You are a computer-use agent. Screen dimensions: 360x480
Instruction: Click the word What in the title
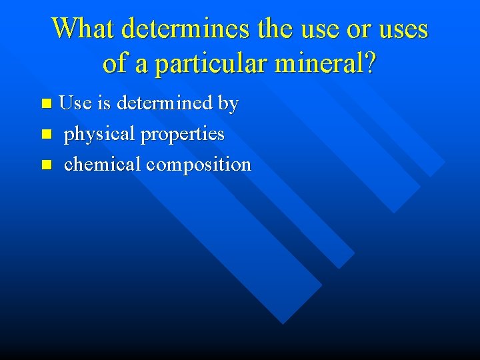point(85,29)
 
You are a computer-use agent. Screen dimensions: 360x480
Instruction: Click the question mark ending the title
point(371,63)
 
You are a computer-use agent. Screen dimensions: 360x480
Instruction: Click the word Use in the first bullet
point(75,103)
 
